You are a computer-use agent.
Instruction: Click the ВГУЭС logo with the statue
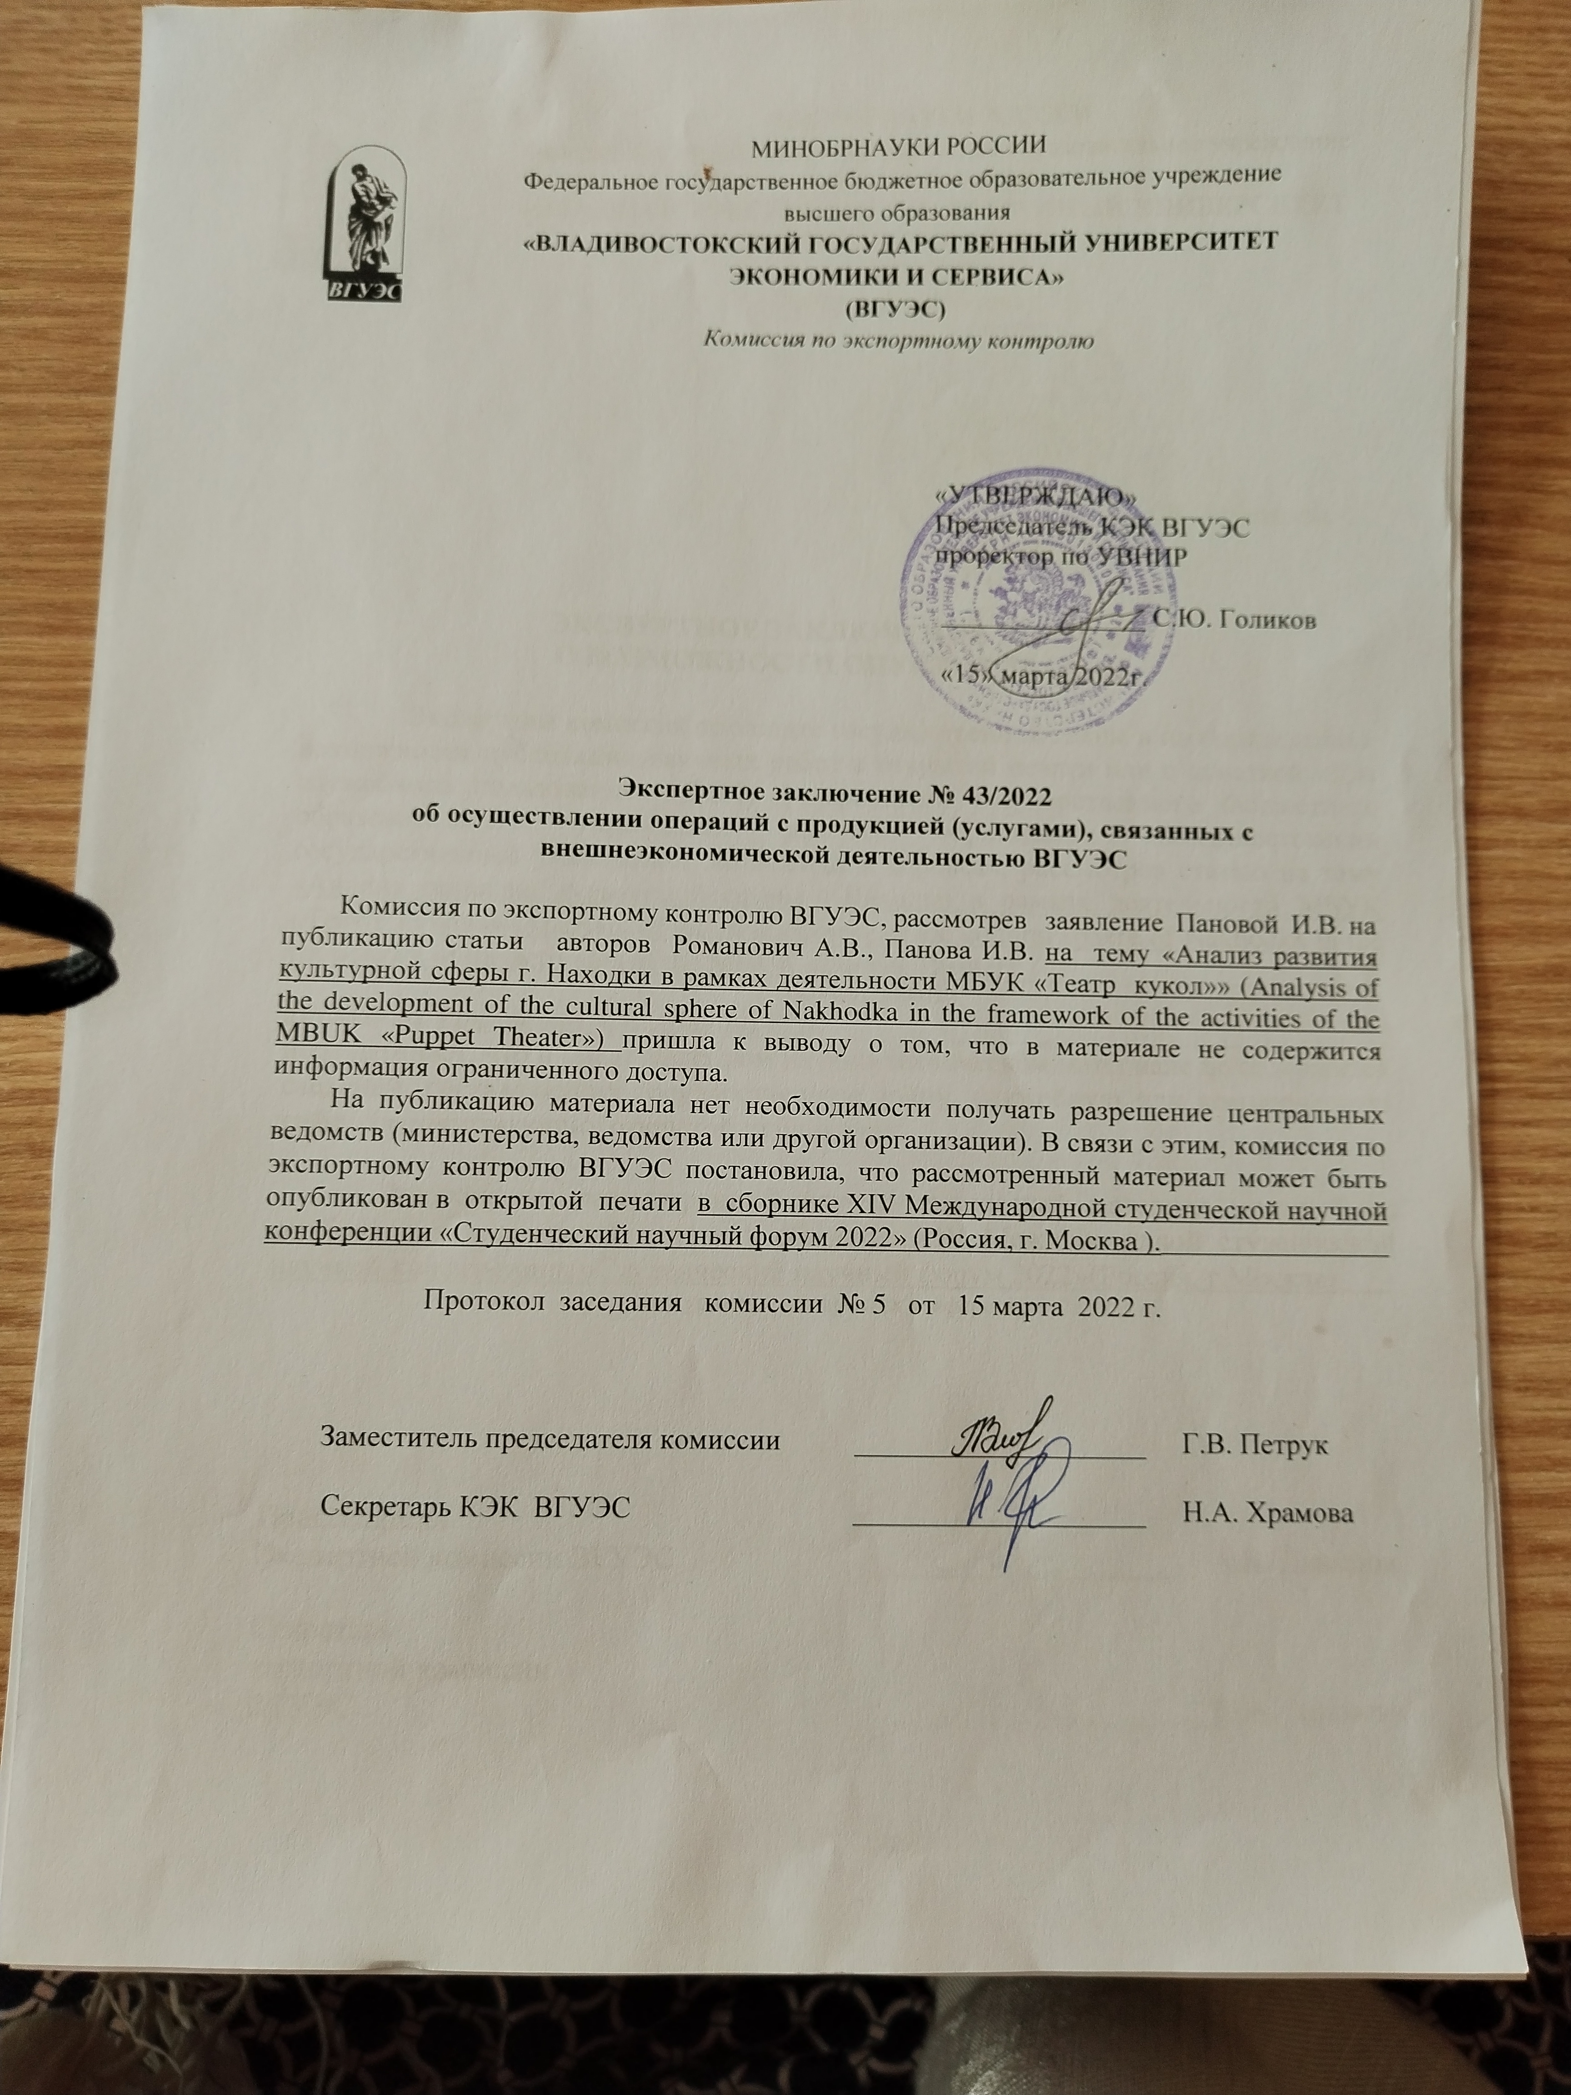[x=365, y=225]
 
